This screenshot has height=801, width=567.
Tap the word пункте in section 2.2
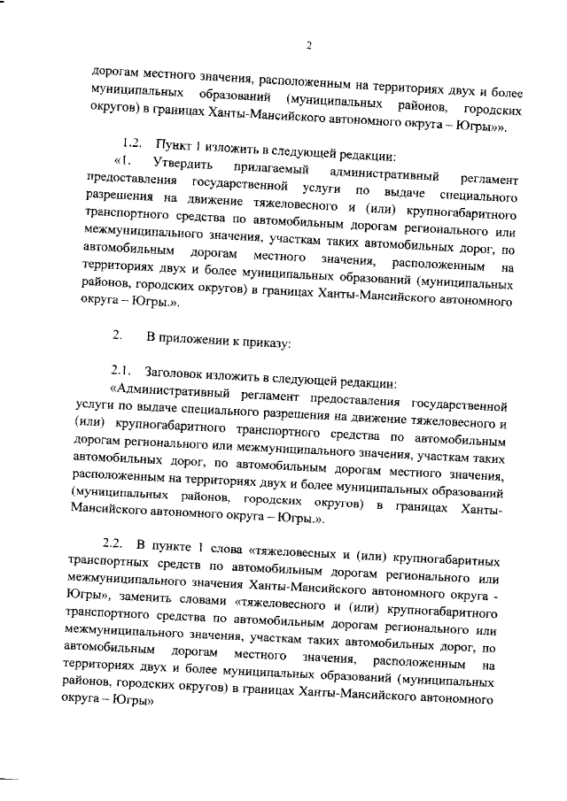(176, 543)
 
